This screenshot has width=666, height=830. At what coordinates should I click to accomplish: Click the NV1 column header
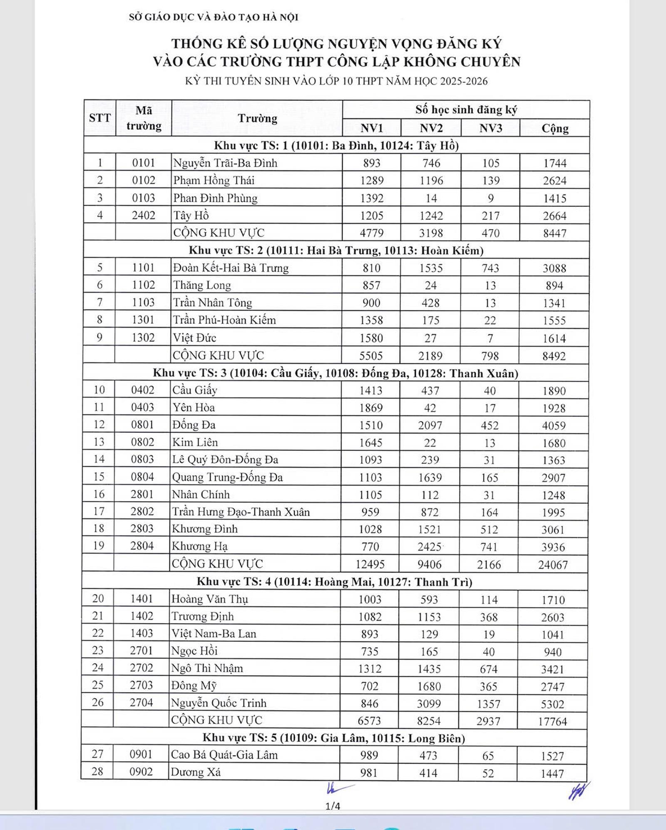pos(371,128)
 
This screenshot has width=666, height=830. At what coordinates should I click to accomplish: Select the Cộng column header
pos(555,128)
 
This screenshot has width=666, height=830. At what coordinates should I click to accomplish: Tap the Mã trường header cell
pos(144,118)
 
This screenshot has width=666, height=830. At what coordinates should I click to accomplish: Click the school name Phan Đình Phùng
pos(215,198)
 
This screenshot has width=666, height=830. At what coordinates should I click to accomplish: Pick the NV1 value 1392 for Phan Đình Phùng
pos(371,198)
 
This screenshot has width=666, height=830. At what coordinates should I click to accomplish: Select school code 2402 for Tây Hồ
pos(143,216)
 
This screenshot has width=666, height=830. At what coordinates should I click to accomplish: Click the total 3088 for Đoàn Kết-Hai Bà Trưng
pos(554,268)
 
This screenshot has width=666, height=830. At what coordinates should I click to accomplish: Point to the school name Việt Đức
pos(194,338)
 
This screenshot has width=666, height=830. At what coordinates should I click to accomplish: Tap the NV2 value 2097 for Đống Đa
pos(430,425)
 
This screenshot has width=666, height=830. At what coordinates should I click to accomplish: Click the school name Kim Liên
pos(195,442)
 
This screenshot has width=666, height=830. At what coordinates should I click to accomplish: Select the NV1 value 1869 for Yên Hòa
pos(370,408)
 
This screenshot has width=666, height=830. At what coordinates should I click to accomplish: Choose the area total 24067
pos(553,565)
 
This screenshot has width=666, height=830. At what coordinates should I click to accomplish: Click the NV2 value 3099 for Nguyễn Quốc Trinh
pos(429,704)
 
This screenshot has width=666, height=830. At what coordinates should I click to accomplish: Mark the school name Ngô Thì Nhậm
pos(207,668)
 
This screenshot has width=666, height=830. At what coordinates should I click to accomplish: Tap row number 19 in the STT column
pos(98,546)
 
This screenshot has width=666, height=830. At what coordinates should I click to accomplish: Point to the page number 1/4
pos(333,806)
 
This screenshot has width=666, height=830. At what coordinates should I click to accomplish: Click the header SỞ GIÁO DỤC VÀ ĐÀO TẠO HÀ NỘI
pos(214,17)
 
